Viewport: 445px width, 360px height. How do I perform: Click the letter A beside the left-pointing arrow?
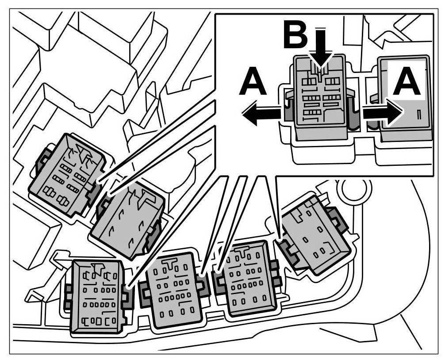click(x=253, y=83)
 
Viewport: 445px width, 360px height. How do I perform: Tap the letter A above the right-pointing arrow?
click(x=407, y=83)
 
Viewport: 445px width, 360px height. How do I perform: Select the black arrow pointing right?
click(x=383, y=113)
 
